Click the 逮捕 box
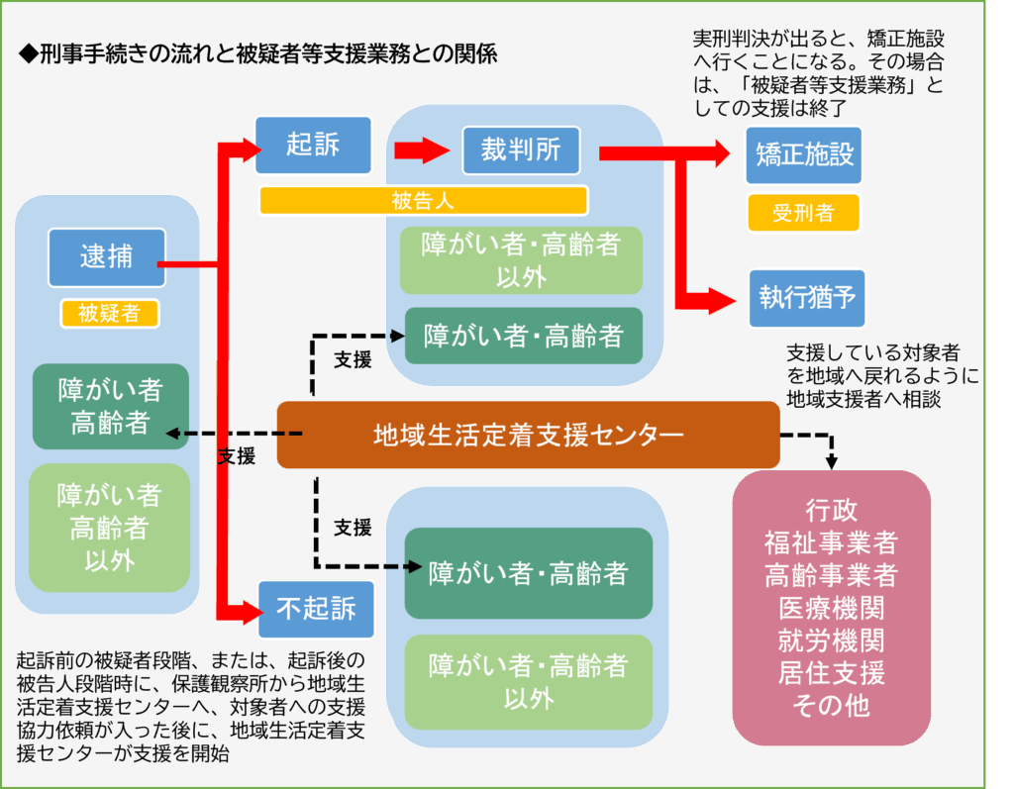(x=105, y=257)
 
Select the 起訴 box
(x=313, y=146)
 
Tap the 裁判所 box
(x=520, y=149)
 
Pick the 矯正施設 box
(x=803, y=155)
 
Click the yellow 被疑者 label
(x=109, y=314)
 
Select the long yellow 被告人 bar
(x=423, y=201)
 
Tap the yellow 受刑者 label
(x=803, y=212)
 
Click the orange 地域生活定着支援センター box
(x=528, y=435)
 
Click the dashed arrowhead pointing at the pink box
(x=832, y=461)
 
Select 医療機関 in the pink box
(x=831, y=607)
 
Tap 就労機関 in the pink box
(x=831, y=640)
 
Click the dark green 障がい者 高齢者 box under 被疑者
(x=110, y=406)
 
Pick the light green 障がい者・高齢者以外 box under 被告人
(x=521, y=259)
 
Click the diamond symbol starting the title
(x=28, y=53)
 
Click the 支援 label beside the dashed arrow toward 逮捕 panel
(x=237, y=456)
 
